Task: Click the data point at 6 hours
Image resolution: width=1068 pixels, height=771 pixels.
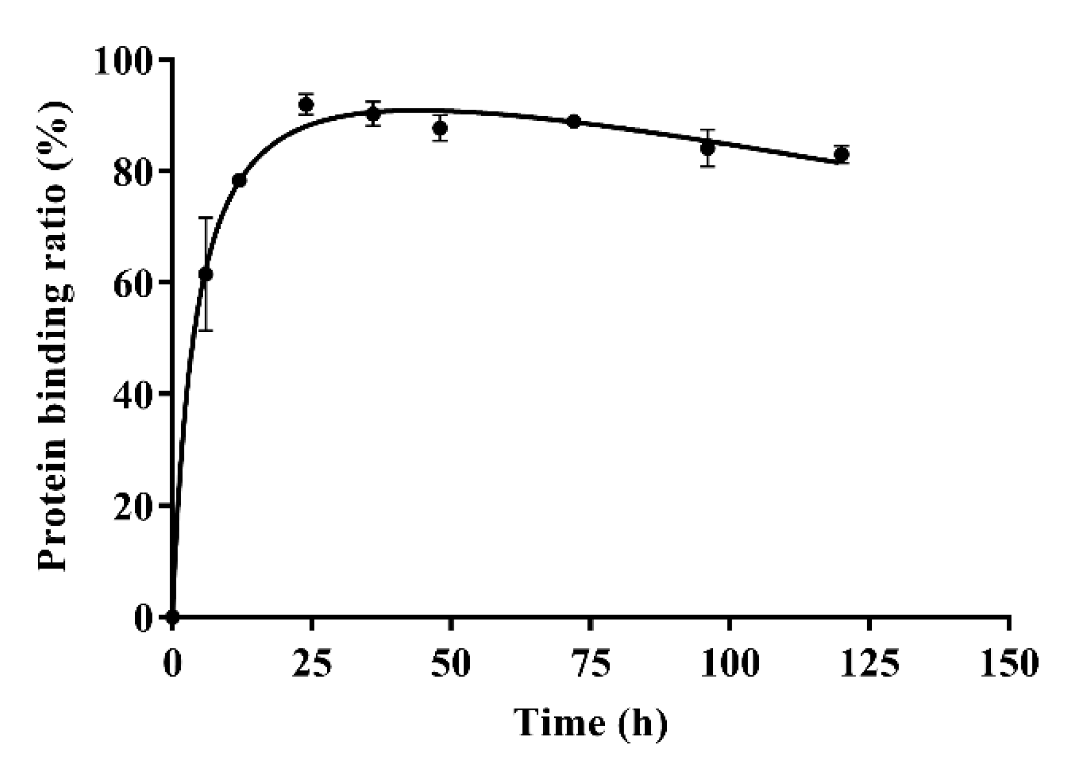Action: pos(206,274)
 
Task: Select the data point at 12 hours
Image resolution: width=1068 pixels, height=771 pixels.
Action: pos(239,180)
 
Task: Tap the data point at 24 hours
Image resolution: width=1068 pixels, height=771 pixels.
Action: pos(306,104)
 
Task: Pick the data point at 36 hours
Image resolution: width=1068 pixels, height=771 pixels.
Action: pos(374,114)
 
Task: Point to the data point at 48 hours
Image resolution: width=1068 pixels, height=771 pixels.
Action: pos(441,128)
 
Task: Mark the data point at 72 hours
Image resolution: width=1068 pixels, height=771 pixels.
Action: pos(574,121)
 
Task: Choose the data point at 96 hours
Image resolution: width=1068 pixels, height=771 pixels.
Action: pos(708,148)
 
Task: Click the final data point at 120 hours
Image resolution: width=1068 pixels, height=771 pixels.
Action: pos(841,154)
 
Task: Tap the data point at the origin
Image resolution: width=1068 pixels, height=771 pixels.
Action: pos(173,616)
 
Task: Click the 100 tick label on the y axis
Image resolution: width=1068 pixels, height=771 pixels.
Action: pos(123,61)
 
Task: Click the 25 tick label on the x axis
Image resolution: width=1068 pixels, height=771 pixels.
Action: pos(311,664)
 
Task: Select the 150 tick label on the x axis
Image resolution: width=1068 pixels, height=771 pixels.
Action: pos(1010,664)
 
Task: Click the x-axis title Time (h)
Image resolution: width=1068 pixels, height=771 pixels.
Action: pos(590,723)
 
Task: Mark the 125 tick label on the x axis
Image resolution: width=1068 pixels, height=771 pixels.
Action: pos(869,664)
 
